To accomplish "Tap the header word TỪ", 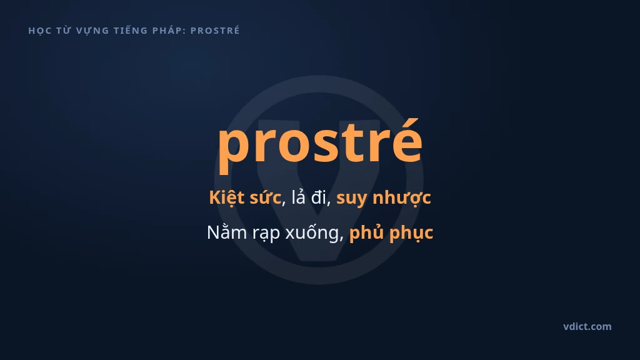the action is click(x=64, y=30).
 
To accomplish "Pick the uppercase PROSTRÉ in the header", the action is click(x=215, y=30).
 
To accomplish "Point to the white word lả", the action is click(x=299, y=197).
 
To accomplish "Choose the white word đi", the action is click(x=320, y=197).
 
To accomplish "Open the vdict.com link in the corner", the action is click(x=587, y=326).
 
